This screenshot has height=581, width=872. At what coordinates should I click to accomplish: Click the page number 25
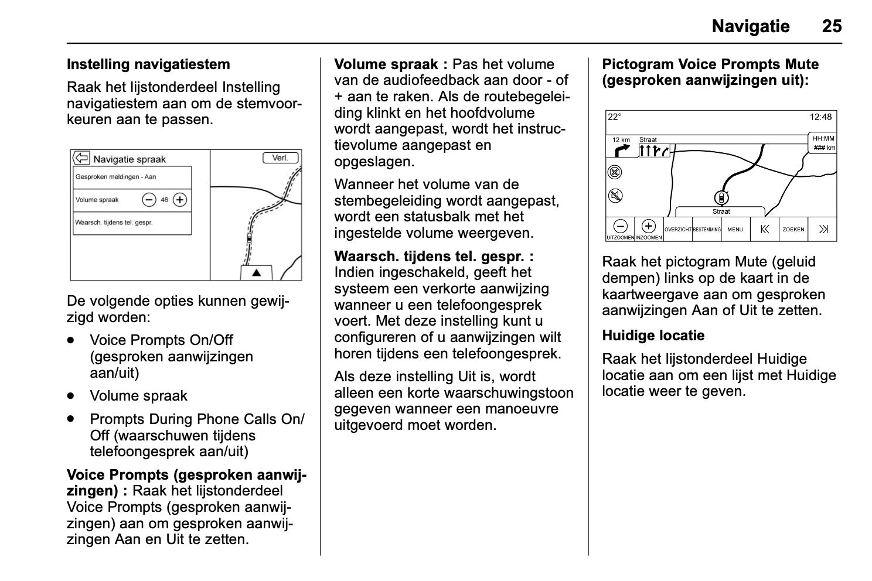point(832,26)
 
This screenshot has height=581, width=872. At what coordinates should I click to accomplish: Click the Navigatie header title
point(750,26)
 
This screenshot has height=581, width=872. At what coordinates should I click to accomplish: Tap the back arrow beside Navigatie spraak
point(81,158)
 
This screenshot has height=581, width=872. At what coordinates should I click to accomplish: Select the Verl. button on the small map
point(280,158)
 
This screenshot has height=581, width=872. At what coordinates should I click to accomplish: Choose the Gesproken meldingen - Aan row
point(132,177)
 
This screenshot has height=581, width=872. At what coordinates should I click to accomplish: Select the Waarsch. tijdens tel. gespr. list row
point(132,223)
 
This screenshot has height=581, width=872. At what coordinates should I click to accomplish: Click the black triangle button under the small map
point(256,273)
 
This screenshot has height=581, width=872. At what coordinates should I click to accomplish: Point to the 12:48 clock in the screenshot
point(820,117)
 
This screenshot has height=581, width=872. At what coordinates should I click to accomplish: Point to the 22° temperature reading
point(614,117)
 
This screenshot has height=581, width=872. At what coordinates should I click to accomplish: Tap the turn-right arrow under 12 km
point(621,151)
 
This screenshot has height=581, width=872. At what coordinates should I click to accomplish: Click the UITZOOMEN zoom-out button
point(620,229)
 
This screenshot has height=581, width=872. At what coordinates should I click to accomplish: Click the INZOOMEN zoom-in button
point(648,229)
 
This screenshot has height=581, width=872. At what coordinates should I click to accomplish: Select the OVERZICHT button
point(677,230)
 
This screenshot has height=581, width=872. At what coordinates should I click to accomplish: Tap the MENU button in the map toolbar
point(735,230)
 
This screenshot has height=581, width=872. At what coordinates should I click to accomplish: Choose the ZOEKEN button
point(793,230)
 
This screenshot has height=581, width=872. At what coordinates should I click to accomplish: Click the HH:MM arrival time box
point(823,143)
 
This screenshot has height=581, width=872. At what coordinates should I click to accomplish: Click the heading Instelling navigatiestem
point(148,64)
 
